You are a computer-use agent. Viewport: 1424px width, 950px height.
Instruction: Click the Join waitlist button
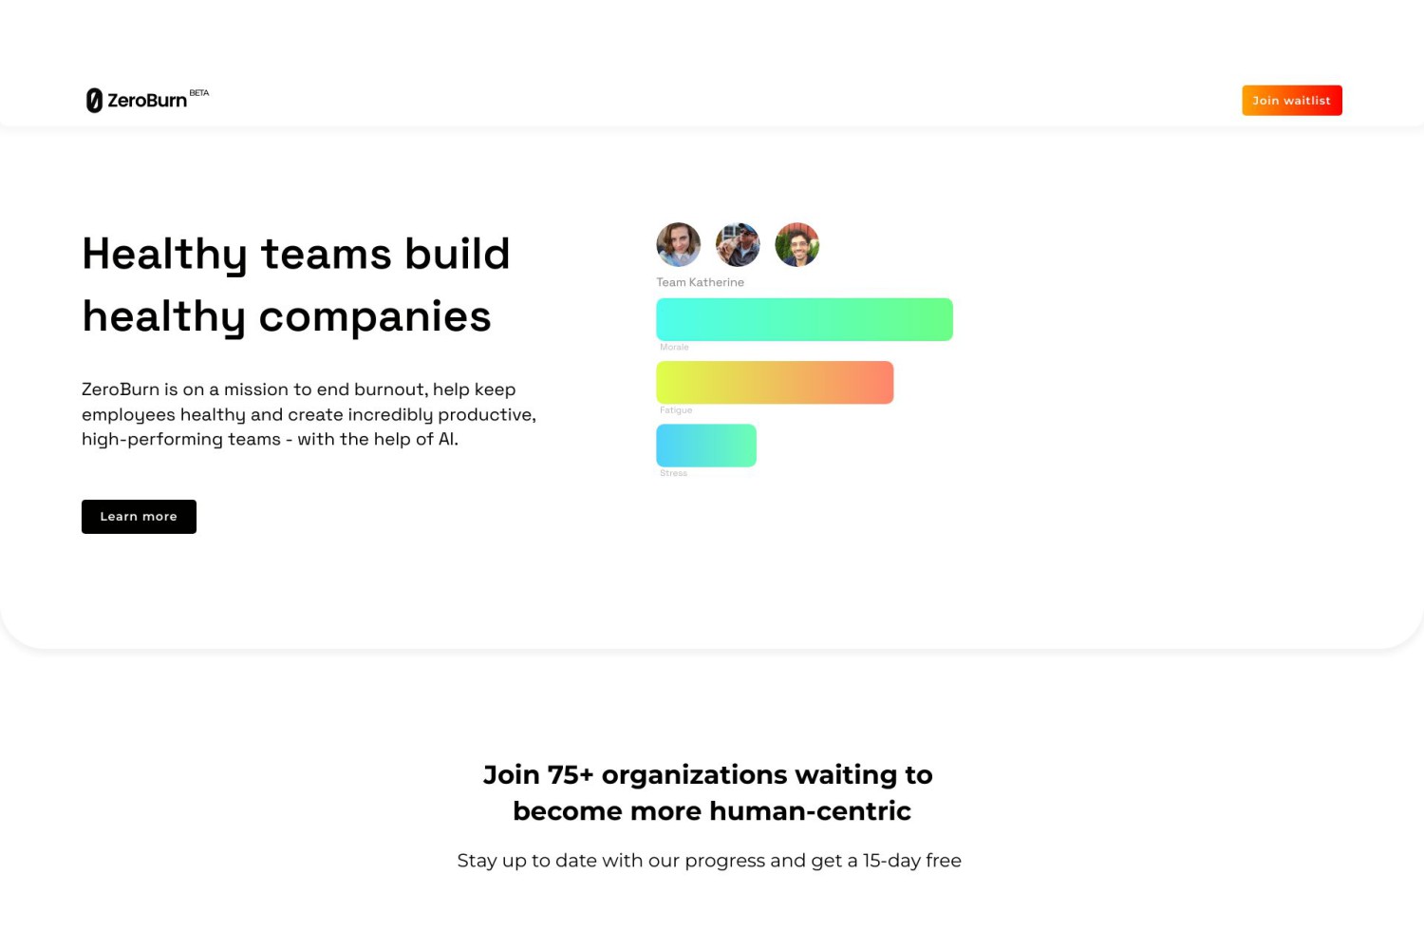tap(1292, 101)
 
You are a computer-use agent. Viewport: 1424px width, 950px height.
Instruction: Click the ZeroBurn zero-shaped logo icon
tap(94, 101)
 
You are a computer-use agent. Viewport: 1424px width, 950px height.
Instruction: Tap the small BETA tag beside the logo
tap(199, 93)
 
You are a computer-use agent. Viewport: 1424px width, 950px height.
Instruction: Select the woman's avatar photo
tap(679, 244)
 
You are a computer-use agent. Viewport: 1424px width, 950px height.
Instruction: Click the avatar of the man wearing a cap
tap(738, 244)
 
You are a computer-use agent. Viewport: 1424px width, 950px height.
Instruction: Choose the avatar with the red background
tap(797, 244)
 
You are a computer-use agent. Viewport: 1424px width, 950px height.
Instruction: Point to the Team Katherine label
tap(700, 282)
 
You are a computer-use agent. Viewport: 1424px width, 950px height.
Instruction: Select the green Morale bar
tap(804, 319)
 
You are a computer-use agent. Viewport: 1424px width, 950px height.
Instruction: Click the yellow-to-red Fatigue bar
tap(775, 383)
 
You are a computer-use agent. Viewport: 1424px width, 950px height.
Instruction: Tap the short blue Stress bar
tap(706, 446)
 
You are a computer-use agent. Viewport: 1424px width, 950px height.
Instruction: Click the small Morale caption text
tap(674, 347)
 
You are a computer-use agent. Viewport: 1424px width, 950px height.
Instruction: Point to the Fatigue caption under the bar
tap(676, 409)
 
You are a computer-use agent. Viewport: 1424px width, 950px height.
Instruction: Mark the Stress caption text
tap(673, 473)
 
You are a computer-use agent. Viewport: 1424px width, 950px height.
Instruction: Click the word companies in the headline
tap(375, 316)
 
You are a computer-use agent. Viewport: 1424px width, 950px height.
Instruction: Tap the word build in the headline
tap(457, 254)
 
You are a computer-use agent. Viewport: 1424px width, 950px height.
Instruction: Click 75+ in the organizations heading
tap(571, 774)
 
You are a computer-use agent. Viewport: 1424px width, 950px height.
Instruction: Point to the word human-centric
tap(810, 810)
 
